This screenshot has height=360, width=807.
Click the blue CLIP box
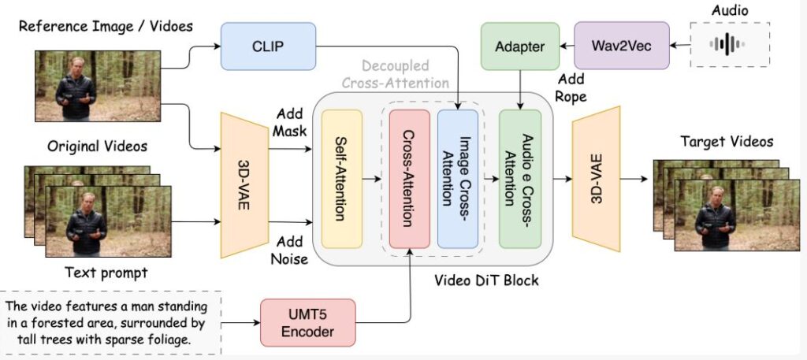[268, 46]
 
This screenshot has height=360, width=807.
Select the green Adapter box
[520, 46]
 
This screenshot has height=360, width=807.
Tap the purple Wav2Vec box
[621, 46]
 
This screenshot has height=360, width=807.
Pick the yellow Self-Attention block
[342, 179]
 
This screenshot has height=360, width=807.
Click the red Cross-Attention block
[410, 179]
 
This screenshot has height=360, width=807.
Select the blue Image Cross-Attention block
[458, 179]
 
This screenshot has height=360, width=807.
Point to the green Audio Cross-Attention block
[520, 179]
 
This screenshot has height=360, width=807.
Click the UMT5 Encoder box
[308, 322]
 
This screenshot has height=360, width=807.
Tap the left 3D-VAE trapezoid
[244, 185]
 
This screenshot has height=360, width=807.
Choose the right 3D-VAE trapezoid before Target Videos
[596, 179]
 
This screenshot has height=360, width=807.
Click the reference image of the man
[98, 86]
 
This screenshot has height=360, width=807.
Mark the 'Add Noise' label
[289, 250]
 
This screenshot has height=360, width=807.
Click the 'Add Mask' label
[289, 122]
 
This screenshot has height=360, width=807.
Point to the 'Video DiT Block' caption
[486, 280]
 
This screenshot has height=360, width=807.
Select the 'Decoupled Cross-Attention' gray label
[396, 74]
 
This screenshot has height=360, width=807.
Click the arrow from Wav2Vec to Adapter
[567, 46]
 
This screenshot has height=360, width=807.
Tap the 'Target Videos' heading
[727, 142]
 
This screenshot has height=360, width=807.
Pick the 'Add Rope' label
[571, 87]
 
